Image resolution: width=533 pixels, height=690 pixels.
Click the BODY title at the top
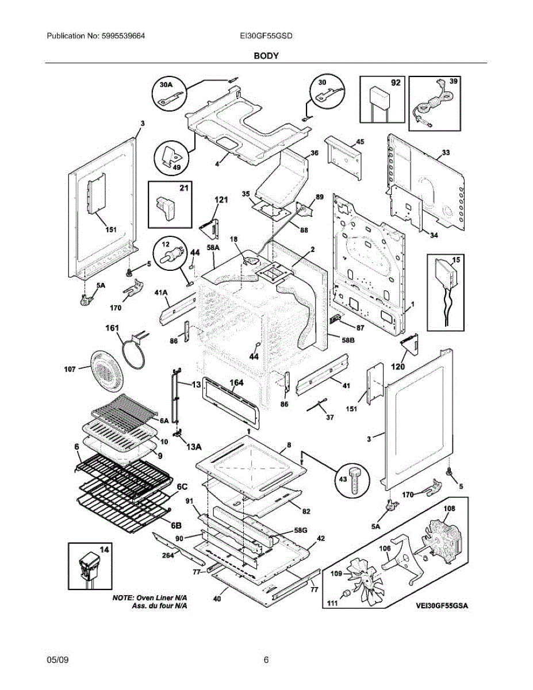click(266, 56)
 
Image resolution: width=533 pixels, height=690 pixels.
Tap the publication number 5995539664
click(123, 36)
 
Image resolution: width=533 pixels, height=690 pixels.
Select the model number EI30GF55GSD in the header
click(266, 36)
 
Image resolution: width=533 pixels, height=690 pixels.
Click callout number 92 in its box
click(396, 83)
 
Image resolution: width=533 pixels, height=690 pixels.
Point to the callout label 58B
click(348, 340)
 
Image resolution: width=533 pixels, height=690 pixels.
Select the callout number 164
click(236, 382)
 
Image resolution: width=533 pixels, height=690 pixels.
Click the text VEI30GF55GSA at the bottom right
click(442, 605)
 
